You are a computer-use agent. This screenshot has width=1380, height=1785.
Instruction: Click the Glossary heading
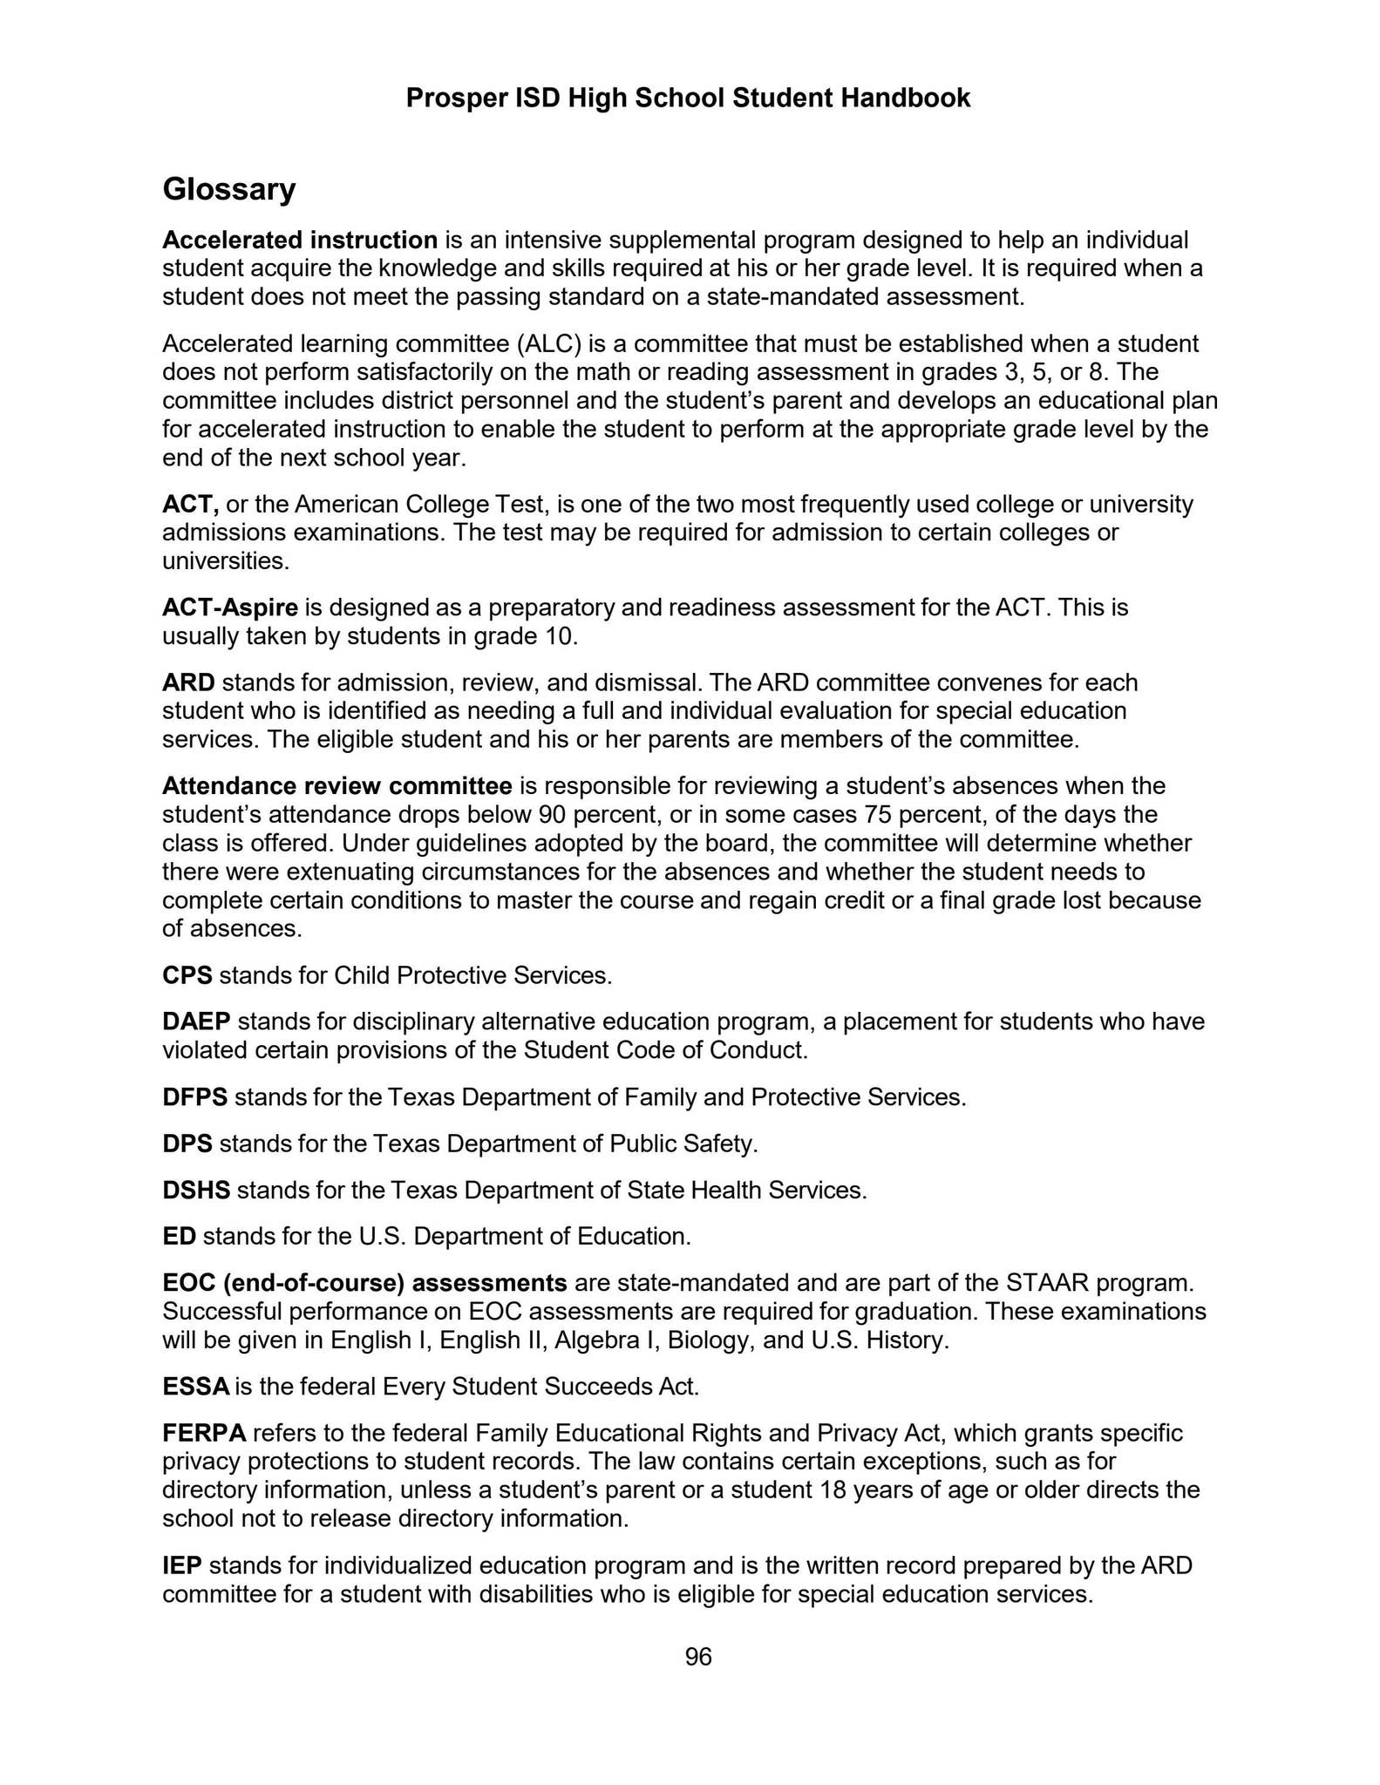[228, 189]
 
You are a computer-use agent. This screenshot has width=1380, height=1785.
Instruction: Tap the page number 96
[698, 1657]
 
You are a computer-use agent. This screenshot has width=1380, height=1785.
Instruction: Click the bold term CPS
[187, 975]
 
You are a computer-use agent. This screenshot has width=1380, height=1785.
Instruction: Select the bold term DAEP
[196, 1021]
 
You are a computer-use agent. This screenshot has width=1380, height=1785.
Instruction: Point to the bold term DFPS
[194, 1097]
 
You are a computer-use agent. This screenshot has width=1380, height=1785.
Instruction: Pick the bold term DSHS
[195, 1191]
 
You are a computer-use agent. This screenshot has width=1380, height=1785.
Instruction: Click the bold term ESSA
[195, 1387]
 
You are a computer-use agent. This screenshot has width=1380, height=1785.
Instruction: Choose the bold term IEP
[181, 1566]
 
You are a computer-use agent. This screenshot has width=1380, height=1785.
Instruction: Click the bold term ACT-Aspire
[230, 607]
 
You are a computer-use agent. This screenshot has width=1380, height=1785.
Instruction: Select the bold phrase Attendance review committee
[337, 787]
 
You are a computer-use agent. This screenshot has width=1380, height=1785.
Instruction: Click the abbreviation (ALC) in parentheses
[549, 344]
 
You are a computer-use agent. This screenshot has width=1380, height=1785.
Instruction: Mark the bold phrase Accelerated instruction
[300, 240]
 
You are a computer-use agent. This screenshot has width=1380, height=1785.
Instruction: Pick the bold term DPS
[187, 1144]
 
